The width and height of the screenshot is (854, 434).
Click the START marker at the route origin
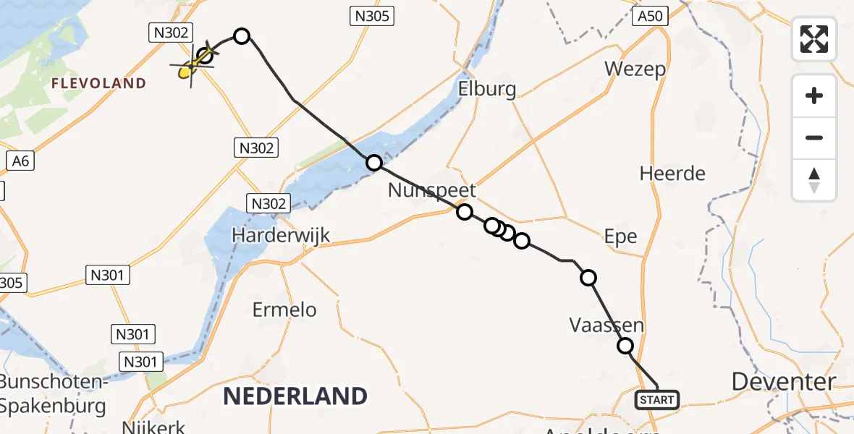(x=657, y=399)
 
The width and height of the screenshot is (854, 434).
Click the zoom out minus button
(x=814, y=137)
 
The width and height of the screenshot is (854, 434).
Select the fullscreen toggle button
(x=814, y=38)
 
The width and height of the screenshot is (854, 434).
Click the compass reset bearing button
(x=814, y=180)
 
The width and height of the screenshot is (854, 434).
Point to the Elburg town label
(x=487, y=89)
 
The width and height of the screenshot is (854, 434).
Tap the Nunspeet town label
(x=432, y=190)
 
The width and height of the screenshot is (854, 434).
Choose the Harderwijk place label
(x=281, y=235)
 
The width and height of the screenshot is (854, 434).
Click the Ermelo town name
(x=284, y=310)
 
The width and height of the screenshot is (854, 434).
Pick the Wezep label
(x=635, y=69)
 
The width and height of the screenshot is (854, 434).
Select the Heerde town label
(x=672, y=174)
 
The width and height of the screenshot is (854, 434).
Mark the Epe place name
(x=621, y=237)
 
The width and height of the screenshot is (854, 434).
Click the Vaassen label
(x=606, y=325)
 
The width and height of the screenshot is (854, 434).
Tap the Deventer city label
(x=784, y=381)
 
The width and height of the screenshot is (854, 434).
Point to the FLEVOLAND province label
(x=98, y=84)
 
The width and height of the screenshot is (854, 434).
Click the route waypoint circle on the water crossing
(x=374, y=163)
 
